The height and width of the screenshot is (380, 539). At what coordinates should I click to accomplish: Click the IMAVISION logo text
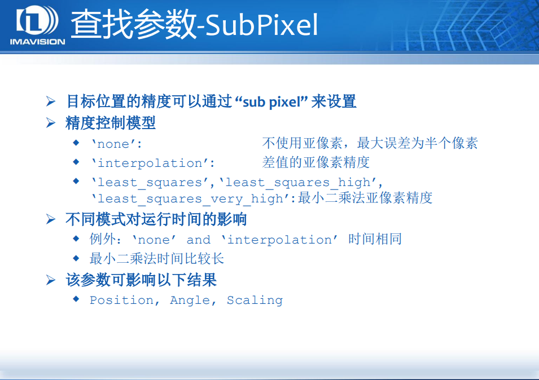click(x=37, y=41)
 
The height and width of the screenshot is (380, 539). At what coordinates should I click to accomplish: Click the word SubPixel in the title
click(x=261, y=25)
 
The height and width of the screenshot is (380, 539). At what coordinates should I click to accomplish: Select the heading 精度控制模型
click(x=111, y=123)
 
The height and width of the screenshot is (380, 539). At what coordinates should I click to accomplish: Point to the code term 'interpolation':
click(x=153, y=164)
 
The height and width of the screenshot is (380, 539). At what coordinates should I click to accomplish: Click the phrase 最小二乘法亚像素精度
click(x=365, y=198)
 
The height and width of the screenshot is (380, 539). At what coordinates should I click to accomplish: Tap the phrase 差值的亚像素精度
click(x=315, y=163)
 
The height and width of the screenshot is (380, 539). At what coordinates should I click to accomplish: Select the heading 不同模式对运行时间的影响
click(x=156, y=219)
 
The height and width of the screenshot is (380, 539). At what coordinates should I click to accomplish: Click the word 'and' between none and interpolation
click(x=198, y=240)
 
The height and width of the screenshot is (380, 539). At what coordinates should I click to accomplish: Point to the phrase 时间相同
click(x=375, y=240)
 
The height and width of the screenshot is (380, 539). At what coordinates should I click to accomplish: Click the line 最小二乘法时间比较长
click(x=157, y=259)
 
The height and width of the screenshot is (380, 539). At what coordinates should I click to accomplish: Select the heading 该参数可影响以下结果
click(x=141, y=280)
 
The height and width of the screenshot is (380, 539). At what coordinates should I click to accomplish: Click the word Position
click(x=121, y=301)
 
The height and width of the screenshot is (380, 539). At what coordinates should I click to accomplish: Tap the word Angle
click(x=190, y=301)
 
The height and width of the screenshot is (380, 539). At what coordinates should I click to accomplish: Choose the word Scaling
click(x=255, y=301)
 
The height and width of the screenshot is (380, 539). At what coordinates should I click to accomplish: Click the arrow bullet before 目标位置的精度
click(x=51, y=102)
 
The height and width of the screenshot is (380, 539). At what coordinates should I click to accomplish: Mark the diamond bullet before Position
click(x=76, y=299)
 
